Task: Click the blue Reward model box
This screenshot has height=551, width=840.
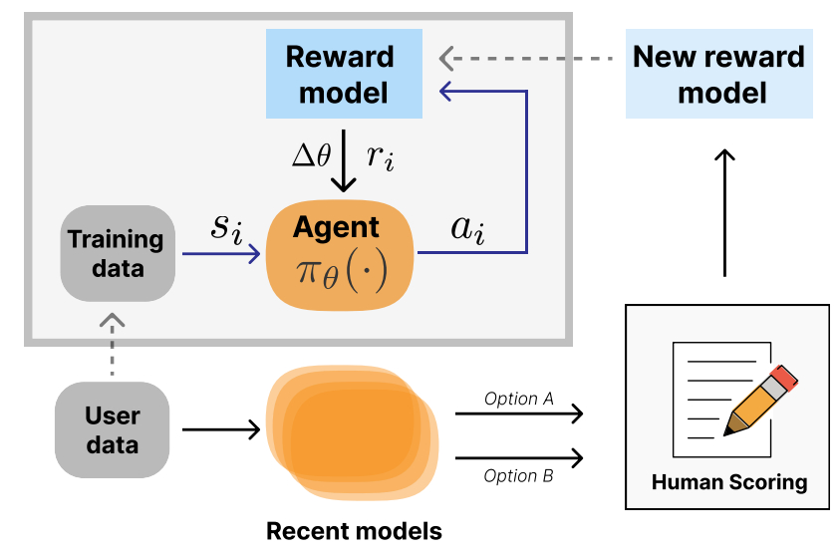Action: point(344,74)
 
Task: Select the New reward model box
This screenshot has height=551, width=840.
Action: point(718,74)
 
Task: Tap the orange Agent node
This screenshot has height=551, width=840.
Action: point(340,255)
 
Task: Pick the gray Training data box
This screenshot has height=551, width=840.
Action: point(118,253)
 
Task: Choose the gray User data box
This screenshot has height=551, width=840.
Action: point(112,429)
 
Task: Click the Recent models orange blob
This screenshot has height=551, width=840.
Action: point(352,432)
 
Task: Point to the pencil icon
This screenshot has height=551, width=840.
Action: point(760,401)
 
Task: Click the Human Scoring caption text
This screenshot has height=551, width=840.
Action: point(729,482)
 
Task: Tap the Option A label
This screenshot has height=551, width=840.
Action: point(518,399)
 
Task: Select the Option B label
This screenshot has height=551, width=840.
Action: point(518,475)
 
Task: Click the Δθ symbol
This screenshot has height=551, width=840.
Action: point(311,155)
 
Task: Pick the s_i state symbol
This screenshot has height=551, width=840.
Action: point(226,228)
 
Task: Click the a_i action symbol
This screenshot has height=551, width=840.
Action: point(468,230)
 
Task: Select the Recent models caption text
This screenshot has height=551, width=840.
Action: point(354,531)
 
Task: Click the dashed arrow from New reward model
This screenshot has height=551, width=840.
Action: point(526,59)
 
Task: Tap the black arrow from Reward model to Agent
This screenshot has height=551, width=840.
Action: point(344,160)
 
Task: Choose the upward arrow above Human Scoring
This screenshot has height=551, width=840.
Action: point(724,212)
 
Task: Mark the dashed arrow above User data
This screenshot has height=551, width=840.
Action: point(112,345)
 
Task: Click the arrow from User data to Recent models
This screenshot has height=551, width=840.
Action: point(221,429)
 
